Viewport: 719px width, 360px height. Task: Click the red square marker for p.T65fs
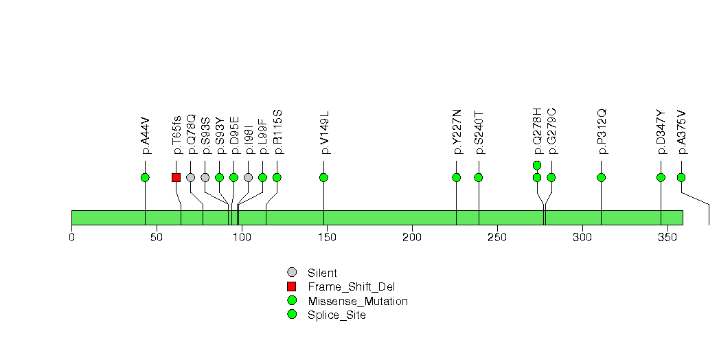pyautogui.click(x=176, y=177)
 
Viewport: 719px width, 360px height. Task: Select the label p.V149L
pyautogui.click(x=324, y=133)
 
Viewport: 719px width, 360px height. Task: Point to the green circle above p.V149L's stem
pyautogui.click(x=323, y=177)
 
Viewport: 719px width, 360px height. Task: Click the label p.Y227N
pyautogui.click(x=457, y=132)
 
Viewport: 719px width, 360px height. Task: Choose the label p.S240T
pyautogui.click(x=479, y=132)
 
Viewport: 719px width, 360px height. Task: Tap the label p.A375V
pyautogui.click(x=681, y=132)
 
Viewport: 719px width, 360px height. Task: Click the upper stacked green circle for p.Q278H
pyautogui.click(x=537, y=165)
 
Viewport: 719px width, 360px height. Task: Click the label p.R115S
pyautogui.click(x=277, y=131)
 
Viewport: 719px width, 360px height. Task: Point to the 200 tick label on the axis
pyautogui.click(x=412, y=237)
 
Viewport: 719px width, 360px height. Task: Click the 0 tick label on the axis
pyautogui.click(x=71, y=237)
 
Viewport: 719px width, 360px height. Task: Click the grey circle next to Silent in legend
pyautogui.click(x=292, y=273)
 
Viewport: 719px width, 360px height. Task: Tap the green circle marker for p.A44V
pyautogui.click(x=145, y=177)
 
